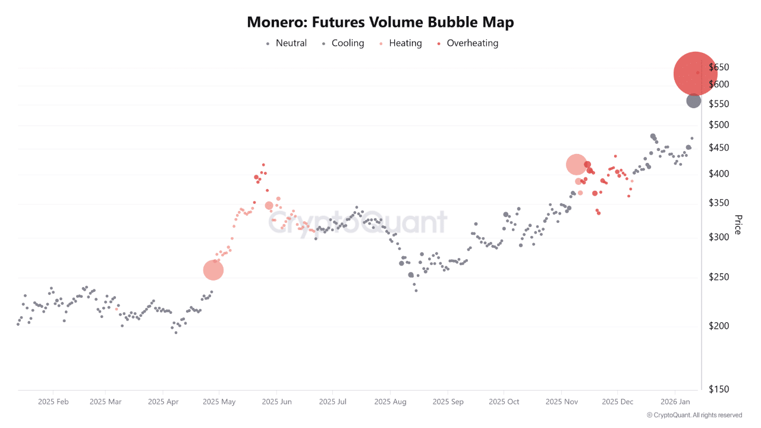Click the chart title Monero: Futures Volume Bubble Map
tap(380, 23)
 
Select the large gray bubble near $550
tap(694, 101)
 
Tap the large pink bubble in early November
tap(576, 165)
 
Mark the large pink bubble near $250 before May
tap(213, 270)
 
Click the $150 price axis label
tap(720, 389)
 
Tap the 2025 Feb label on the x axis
tap(53, 402)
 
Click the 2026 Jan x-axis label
tap(675, 402)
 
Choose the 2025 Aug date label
tap(391, 402)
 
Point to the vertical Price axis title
tap(738, 225)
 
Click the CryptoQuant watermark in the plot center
tap(357, 223)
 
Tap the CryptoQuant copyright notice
tap(694, 415)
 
